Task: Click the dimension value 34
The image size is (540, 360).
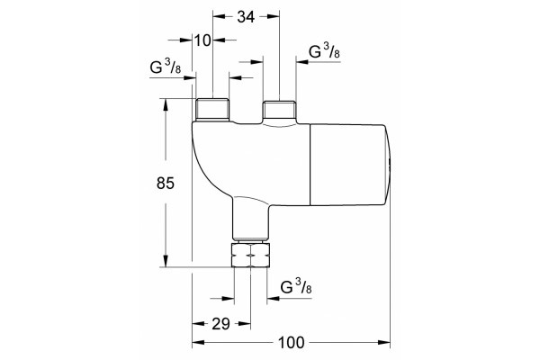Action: tap(246, 16)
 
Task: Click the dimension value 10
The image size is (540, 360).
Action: tap(202, 40)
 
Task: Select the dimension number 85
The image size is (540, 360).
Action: tap(166, 183)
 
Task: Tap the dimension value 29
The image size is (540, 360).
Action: tap(220, 324)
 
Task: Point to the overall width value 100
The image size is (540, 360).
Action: tap(292, 342)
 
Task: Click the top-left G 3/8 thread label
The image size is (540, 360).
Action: tap(166, 67)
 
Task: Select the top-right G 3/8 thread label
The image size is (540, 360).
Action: tap(324, 51)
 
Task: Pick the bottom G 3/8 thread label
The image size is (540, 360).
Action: tap(296, 287)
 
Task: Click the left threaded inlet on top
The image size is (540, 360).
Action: tap(212, 110)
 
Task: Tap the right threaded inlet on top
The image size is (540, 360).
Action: tap(279, 111)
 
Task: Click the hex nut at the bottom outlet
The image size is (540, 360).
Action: tap(251, 255)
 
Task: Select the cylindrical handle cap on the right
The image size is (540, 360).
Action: tap(351, 165)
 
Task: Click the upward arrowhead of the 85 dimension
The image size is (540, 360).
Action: tap(166, 104)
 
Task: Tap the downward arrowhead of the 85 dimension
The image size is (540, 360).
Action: tap(166, 261)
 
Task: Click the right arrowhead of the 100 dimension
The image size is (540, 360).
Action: tap(384, 342)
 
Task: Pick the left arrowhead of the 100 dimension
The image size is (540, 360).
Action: tap(198, 342)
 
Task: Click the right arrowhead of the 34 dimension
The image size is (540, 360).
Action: tap(273, 16)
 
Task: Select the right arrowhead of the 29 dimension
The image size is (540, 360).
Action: tap(245, 324)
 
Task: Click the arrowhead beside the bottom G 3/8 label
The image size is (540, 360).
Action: tap(273, 298)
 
